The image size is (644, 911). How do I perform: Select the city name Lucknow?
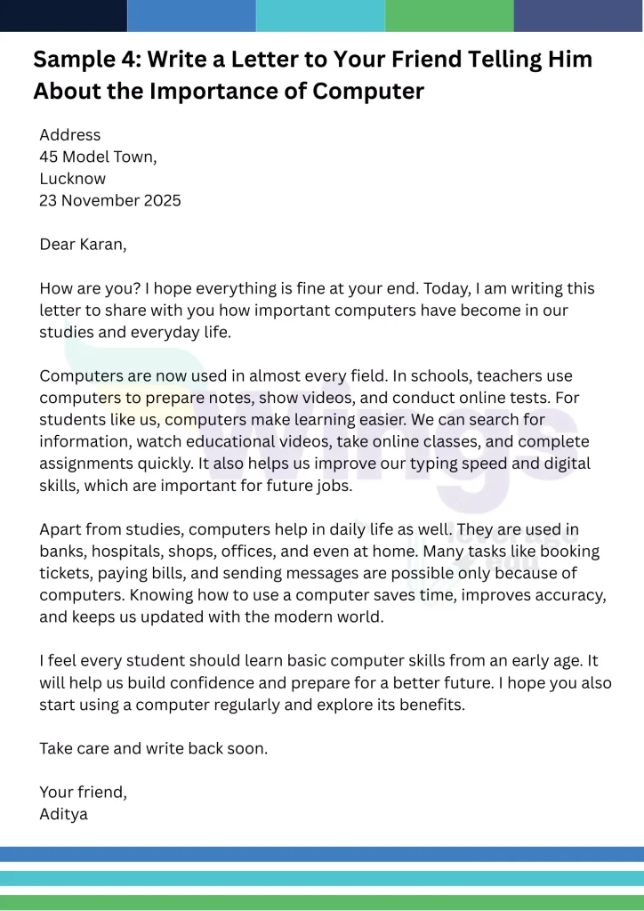tap(72, 178)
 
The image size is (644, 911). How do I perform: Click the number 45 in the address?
tap(49, 157)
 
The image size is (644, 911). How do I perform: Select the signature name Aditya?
tap(63, 813)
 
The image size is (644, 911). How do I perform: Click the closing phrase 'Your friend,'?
tap(83, 792)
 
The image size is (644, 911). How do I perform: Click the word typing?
tap(409, 464)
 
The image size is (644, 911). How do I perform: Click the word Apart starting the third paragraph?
tap(60, 529)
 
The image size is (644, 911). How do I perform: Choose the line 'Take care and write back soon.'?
tap(153, 748)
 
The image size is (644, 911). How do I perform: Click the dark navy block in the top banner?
tap(63, 15)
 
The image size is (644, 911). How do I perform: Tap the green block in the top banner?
tap(449, 15)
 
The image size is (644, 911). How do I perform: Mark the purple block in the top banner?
tap(578, 15)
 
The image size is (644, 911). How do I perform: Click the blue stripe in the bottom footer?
tap(322, 854)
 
